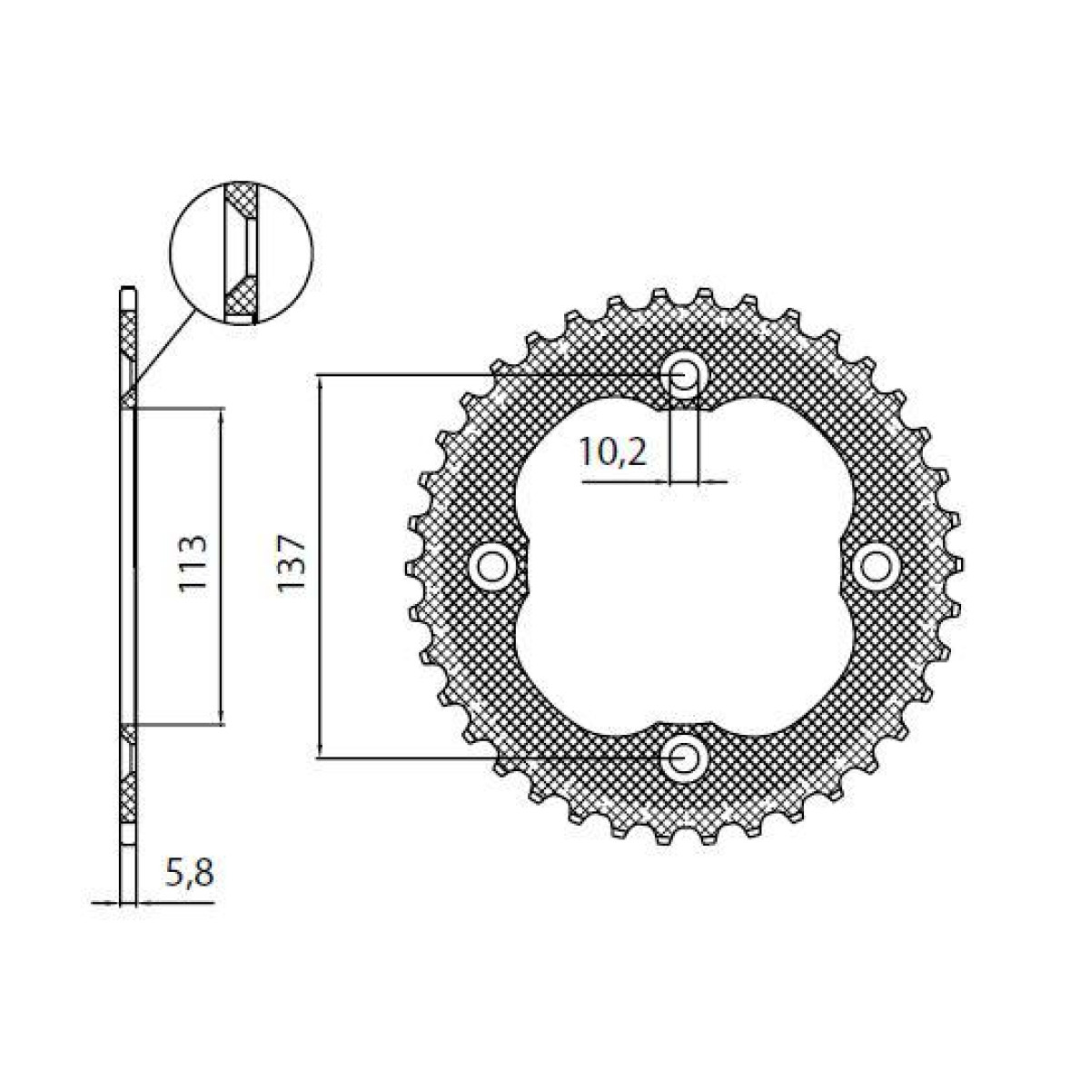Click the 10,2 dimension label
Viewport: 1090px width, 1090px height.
click(613, 451)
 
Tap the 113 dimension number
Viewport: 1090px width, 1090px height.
click(193, 565)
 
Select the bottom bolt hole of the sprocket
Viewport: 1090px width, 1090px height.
click(684, 757)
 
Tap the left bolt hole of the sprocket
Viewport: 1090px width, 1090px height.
click(492, 566)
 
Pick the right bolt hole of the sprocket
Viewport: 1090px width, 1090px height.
click(876, 566)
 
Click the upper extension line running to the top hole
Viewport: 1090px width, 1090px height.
click(490, 373)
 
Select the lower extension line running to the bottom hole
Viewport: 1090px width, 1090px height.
click(490, 757)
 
